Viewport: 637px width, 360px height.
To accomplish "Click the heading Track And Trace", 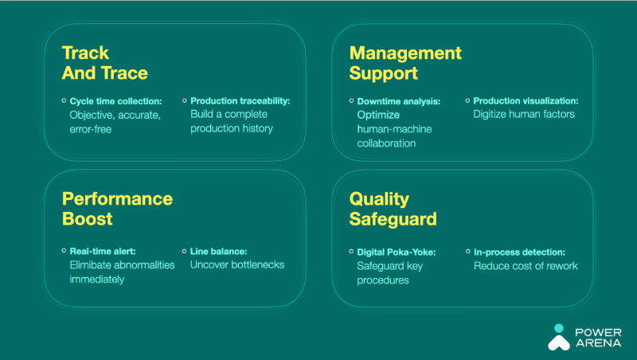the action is pos(105,63).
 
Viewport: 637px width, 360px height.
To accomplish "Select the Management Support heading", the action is pos(405,64).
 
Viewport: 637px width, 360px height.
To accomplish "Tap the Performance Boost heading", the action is pos(117,209).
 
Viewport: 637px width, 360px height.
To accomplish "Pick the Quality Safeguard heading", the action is pos(393,209).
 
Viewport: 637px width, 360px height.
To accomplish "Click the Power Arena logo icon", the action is pos(559,337).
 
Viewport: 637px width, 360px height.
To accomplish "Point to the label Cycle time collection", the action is pos(115,101).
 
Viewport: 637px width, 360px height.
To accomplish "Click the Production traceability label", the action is pos(240,101).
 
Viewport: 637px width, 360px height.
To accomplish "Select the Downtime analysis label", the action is pos(399,101).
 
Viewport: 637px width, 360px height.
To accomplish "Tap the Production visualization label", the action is pos(526,101).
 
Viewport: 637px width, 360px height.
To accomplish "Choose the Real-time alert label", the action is pos(103,251).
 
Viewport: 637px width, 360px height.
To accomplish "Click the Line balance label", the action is pos(218,252).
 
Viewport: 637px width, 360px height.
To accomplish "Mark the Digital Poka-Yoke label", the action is pos(397,252).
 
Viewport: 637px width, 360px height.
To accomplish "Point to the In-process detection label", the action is pos(520,252).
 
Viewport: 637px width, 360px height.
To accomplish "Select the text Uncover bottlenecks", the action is pos(237,264).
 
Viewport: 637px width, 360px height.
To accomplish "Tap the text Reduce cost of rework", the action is pos(526,266).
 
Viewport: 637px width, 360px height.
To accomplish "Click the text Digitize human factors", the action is pos(524,114).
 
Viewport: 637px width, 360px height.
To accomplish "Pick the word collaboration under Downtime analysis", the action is pos(386,143).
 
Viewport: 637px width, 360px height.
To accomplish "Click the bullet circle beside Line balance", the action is pos(185,251).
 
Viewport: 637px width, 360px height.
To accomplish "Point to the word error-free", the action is pos(91,129).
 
